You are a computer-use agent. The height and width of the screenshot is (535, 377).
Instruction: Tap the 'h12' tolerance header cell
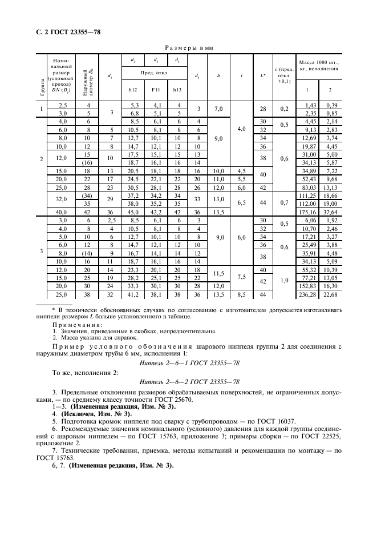133,89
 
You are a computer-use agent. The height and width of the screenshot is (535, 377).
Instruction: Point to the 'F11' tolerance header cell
155,89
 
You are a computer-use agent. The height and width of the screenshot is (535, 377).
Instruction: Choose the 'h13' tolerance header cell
177,89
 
